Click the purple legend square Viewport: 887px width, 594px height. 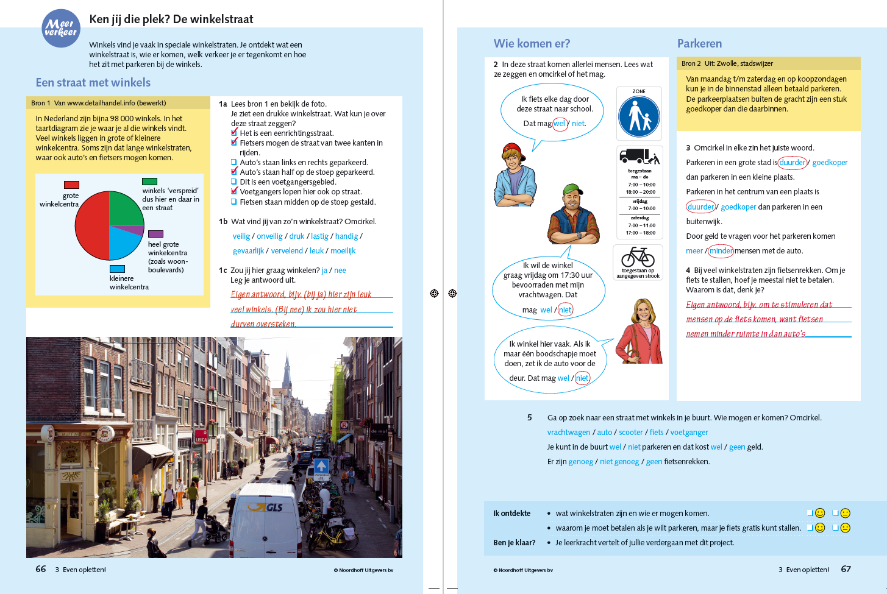(155, 234)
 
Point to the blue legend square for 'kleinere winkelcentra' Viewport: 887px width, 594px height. (117, 269)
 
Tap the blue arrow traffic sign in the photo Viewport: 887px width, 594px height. (321, 466)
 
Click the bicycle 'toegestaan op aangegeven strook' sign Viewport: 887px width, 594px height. (638, 261)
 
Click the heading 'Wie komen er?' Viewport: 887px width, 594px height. (532, 43)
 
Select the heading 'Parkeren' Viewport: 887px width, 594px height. (699, 43)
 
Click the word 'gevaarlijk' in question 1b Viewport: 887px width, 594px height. (248, 251)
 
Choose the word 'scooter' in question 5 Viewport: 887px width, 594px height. (630, 433)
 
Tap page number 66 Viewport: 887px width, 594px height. (41, 569)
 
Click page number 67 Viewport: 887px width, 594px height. (846, 569)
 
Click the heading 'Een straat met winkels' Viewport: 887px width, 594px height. (93, 82)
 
